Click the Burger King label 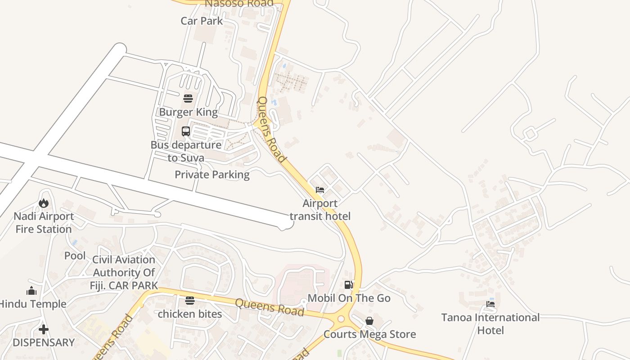pos(188,112)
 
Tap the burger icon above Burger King pos(188,98)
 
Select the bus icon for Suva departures pos(186,131)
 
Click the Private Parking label pos(212,175)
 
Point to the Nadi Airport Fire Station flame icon pos(44,203)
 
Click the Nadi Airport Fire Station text pos(44,223)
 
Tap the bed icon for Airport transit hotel pos(320,190)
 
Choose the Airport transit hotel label pos(320,210)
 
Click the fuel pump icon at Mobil pos(348,284)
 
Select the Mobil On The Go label pos(349,298)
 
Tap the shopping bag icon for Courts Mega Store pos(369,321)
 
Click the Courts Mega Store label pos(370,334)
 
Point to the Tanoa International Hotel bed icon pos(490,304)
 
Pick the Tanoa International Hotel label pos(490,324)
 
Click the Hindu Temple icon pos(31,291)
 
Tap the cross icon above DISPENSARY pos(43,329)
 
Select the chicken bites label pos(190,314)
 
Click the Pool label pos(75,256)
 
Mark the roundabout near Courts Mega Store pos(341,319)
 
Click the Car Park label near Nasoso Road pos(202,21)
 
